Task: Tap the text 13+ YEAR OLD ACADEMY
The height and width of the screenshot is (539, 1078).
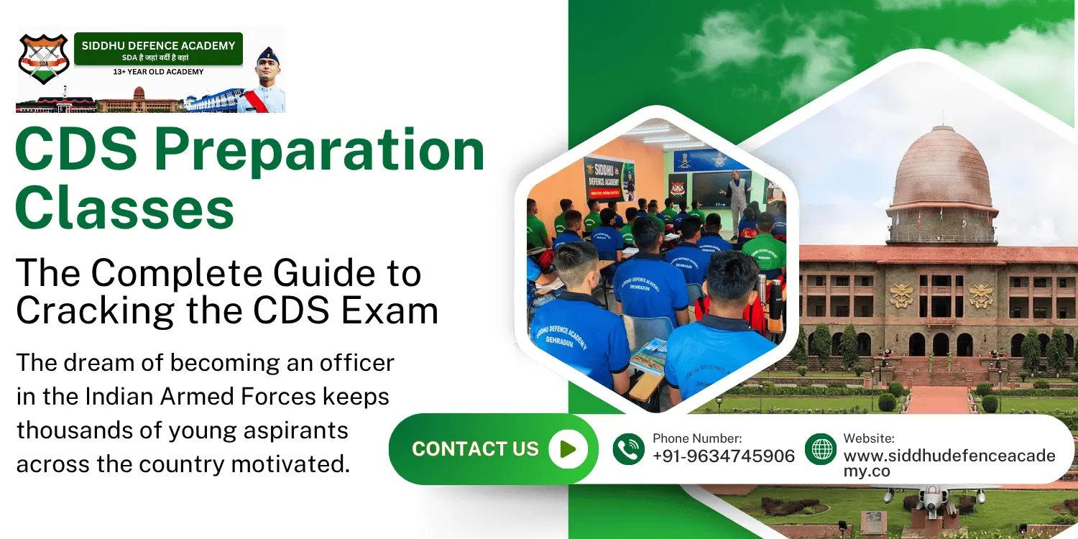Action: pyautogui.click(x=158, y=72)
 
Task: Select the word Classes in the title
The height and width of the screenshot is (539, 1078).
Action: pyautogui.click(x=124, y=208)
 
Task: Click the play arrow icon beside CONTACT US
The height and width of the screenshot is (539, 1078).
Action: pyautogui.click(x=568, y=449)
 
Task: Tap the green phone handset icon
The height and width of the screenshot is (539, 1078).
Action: pyautogui.click(x=629, y=449)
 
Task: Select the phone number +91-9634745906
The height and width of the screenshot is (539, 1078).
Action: pyautogui.click(x=723, y=456)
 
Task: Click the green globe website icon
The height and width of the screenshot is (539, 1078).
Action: pyautogui.click(x=821, y=449)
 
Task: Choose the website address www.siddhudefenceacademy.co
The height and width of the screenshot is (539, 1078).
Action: pyautogui.click(x=949, y=463)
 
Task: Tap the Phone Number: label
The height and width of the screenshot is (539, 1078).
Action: pyautogui.click(x=696, y=438)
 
